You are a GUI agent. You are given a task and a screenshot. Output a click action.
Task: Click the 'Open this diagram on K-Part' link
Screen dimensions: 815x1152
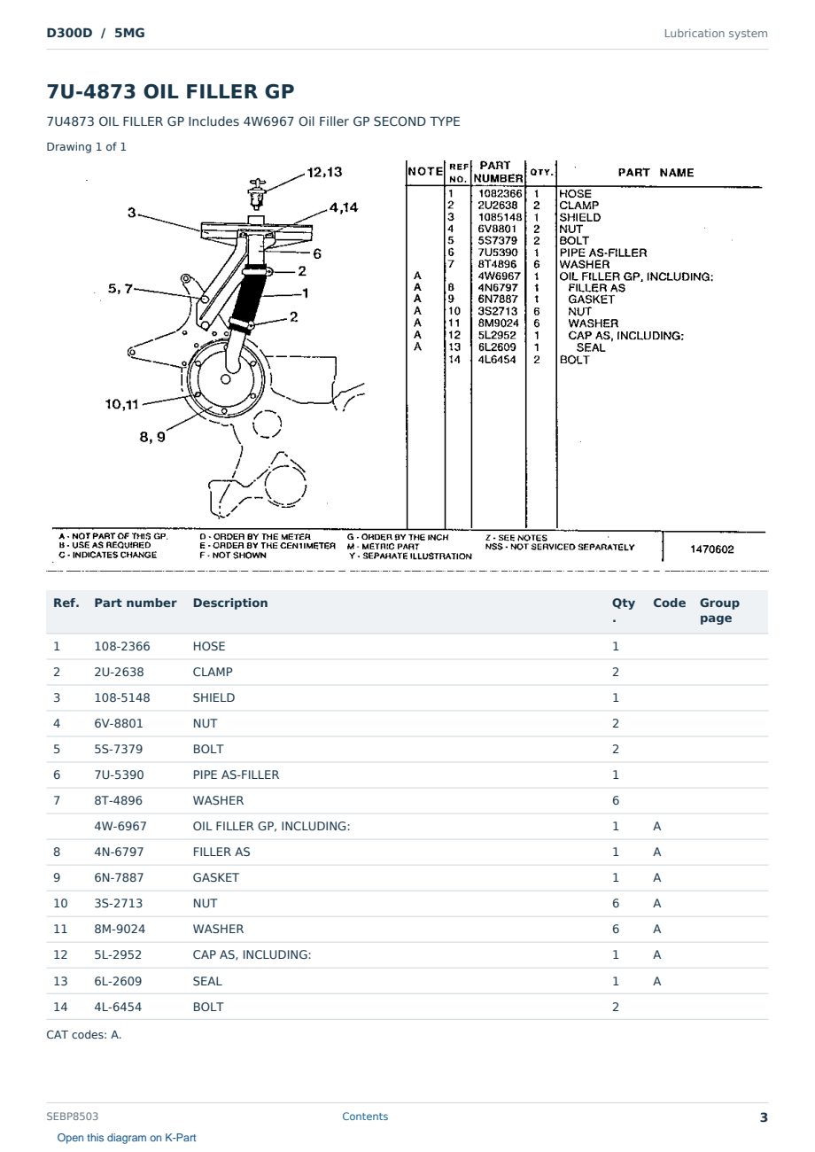pyautogui.click(x=127, y=1137)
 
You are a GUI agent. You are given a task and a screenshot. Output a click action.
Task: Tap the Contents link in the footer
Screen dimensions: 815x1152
pyautogui.click(x=365, y=1116)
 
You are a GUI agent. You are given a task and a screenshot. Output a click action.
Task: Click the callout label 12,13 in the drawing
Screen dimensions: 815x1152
pyautogui.click(x=324, y=172)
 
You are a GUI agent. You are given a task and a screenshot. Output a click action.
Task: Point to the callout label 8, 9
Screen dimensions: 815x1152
pyautogui.click(x=152, y=437)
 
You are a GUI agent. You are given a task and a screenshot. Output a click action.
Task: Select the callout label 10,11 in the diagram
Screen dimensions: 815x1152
pyautogui.click(x=122, y=404)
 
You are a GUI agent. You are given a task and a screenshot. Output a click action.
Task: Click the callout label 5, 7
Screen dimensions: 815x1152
pyautogui.click(x=120, y=289)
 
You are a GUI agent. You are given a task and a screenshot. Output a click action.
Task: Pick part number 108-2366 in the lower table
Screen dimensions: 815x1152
pyautogui.click(x=122, y=646)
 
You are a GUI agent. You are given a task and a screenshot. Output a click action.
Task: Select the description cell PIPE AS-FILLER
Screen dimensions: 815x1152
pyautogui.click(x=236, y=774)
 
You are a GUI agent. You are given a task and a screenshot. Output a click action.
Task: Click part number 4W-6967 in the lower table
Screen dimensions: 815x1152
pyautogui.click(x=120, y=826)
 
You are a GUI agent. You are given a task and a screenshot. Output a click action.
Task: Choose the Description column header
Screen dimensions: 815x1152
pyautogui.click(x=230, y=603)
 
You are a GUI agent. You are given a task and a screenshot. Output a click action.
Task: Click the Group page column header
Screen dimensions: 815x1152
pyautogui.click(x=719, y=610)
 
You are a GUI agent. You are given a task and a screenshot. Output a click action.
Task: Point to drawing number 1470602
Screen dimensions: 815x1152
pyautogui.click(x=711, y=549)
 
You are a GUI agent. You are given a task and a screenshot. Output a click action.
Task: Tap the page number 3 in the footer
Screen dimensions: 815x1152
pyautogui.click(x=764, y=1117)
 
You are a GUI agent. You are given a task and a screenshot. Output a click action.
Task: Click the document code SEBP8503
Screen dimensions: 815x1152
pyautogui.click(x=72, y=1116)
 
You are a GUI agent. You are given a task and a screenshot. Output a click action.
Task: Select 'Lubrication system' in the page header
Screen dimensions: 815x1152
pyautogui.click(x=716, y=34)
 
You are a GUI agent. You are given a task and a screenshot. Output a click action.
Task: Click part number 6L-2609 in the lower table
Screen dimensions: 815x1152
pyautogui.click(x=118, y=981)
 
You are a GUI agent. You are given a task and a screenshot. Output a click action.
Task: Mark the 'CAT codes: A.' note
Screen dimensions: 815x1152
pyautogui.click(x=84, y=1034)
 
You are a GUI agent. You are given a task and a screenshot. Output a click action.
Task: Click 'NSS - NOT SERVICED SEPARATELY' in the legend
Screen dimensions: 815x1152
pyautogui.click(x=560, y=547)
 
